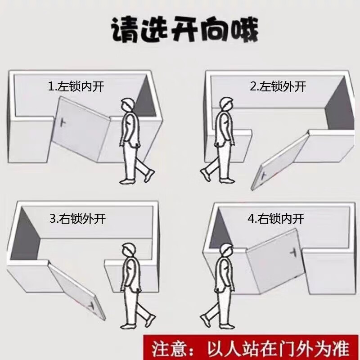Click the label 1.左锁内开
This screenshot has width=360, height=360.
tap(76, 86)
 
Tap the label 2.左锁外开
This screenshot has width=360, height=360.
tap(278, 86)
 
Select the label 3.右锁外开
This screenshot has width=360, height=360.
tap(77, 219)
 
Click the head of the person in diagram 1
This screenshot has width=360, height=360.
tap(127, 105)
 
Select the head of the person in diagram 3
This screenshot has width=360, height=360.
tap(129, 250)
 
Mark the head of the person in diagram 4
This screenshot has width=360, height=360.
tap(224, 250)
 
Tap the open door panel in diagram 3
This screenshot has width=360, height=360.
tap(74, 288)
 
